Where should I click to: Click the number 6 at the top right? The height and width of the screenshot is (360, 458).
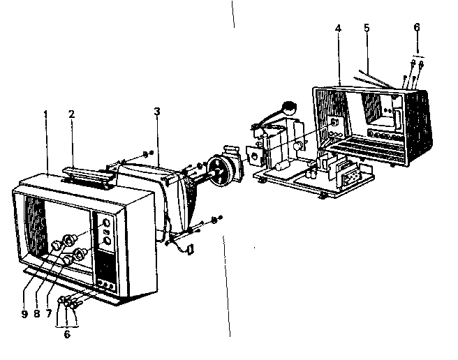click(x=417, y=27)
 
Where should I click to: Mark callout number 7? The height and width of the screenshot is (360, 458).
click(x=49, y=314)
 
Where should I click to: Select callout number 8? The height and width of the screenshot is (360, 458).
click(x=36, y=314)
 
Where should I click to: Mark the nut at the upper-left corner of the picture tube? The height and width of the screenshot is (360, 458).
click(x=145, y=153)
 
